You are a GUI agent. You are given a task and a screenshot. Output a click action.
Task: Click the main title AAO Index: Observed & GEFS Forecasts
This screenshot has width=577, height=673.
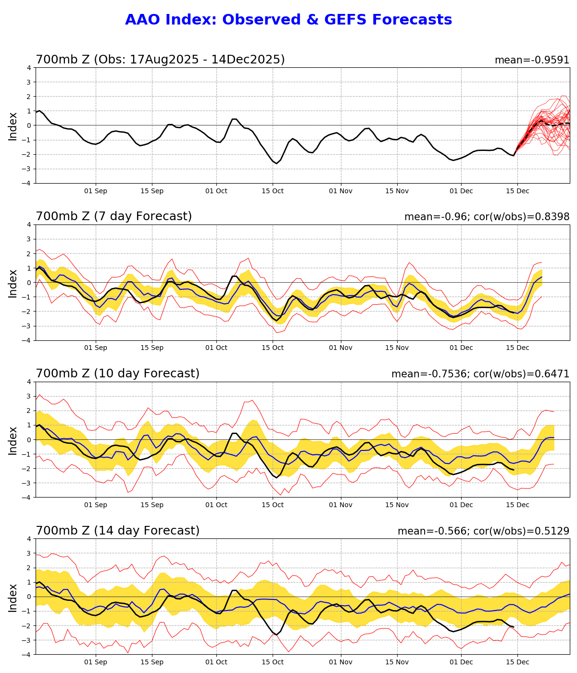click(x=288, y=20)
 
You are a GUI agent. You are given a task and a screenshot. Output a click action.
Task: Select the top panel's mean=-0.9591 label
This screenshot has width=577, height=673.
click(x=532, y=60)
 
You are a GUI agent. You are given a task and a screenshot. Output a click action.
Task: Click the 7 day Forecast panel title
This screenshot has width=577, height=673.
click(x=113, y=216)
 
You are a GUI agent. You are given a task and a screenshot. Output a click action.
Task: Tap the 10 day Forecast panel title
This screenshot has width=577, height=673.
click(x=117, y=374)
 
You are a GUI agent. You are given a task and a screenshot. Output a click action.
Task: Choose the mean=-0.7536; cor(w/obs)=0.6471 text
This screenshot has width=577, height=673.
click(x=480, y=374)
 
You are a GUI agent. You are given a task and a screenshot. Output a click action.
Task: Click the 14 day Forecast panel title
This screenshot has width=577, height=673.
click(x=117, y=531)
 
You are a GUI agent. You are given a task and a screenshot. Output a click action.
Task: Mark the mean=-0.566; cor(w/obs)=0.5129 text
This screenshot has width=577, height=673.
click(x=483, y=531)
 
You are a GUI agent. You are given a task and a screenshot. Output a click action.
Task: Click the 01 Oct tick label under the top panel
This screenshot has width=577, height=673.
click(x=216, y=191)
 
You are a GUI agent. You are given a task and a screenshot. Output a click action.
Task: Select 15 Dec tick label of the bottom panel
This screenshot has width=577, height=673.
click(x=517, y=662)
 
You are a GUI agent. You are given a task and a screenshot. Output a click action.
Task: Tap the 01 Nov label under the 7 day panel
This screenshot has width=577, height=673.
click(x=341, y=348)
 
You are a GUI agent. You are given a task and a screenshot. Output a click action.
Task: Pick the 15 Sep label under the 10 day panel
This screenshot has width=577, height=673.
click(x=152, y=505)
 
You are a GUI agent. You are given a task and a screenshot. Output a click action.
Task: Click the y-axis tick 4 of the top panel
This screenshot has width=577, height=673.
click(x=29, y=68)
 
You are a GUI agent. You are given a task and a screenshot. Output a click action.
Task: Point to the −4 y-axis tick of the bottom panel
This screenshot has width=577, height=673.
click(x=27, y=654)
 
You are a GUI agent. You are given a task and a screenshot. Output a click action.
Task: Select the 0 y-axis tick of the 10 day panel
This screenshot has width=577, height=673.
click(x=29, y=439)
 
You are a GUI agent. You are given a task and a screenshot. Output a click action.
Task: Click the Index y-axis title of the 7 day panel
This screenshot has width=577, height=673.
click(x=13, y=283)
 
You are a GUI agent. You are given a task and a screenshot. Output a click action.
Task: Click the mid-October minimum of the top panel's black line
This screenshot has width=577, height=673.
click(x=276, y=163)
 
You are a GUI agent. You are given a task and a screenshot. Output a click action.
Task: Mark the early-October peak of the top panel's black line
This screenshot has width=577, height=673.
click(x=234, y=119)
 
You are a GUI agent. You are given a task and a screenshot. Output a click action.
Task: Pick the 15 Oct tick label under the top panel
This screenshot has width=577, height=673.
click(x=273, y=191)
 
